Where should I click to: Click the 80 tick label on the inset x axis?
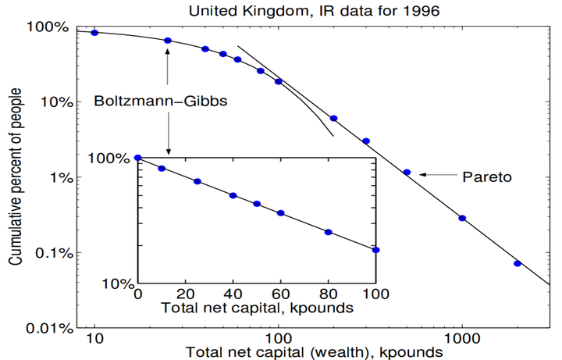point(329,295)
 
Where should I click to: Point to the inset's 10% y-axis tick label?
point(117,283)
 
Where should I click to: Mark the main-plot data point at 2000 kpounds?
point(518,263)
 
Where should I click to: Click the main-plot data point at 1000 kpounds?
point(462,218)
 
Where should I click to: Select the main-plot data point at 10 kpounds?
point(94,32)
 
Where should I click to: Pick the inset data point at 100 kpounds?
point(376,250)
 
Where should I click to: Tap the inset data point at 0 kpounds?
point(138,158)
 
